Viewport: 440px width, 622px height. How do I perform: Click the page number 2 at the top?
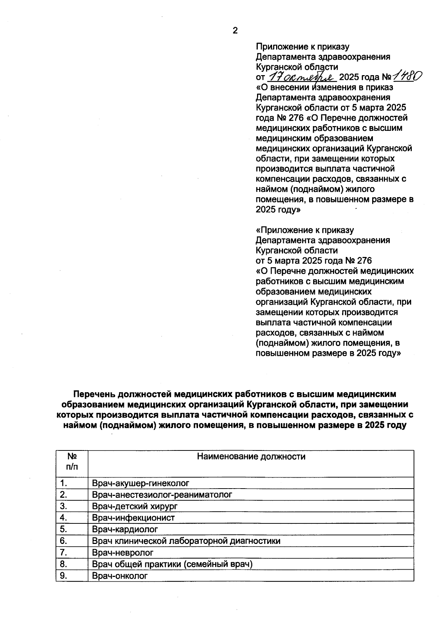coord(235,31)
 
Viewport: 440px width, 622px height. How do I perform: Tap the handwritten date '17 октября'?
coord(303,77)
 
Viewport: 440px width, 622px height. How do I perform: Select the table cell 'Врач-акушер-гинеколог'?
coord(140,483)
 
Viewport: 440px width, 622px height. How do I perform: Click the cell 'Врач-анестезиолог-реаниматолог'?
coord(162,494)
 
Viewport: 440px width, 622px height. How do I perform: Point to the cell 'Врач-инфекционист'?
coord(133,518)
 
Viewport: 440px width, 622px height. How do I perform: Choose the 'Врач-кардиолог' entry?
coord(125,529)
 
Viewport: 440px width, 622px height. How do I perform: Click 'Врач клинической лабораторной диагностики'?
coord(186,541)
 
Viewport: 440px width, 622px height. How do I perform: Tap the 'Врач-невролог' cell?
coord(123,552)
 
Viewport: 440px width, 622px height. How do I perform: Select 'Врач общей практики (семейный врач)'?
coord(172,564)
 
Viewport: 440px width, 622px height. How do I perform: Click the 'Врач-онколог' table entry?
coord(120,575)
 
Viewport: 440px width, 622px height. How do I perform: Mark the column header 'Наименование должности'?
coord(251,456)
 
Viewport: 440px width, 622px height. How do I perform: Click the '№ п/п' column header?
coord(72,461)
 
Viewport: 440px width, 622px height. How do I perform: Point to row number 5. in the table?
coord(63,529)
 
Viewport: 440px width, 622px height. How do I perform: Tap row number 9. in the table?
coord(63,575)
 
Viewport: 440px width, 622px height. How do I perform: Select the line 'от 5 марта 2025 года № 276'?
coord(313,261)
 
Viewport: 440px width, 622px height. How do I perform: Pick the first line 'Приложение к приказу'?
coord(302,47)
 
